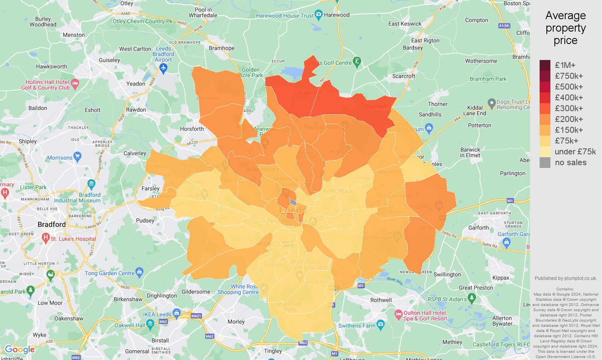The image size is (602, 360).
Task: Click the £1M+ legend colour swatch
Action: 545,65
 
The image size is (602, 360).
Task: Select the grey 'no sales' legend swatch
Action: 545,162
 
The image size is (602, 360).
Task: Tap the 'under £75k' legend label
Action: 575,152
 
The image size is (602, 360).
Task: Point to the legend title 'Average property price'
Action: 565,28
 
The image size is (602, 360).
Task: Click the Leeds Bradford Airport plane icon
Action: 163,68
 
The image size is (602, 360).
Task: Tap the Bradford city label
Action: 52,224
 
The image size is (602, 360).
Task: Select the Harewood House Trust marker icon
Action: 318,15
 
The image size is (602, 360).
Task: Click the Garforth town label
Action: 478,228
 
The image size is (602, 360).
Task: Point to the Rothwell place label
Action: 381,300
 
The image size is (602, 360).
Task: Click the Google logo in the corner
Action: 20,350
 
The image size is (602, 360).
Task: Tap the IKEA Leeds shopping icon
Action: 176,312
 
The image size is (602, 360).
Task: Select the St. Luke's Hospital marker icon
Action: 46,238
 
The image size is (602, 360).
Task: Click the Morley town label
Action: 236,322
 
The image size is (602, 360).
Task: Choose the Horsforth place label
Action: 192,129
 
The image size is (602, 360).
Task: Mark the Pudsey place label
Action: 145,220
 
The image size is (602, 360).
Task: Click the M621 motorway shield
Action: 196,316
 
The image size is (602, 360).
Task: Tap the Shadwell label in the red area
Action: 375,106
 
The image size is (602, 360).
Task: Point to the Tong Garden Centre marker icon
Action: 140,273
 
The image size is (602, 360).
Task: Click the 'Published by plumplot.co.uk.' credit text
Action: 566,278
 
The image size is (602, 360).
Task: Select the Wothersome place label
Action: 481,61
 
